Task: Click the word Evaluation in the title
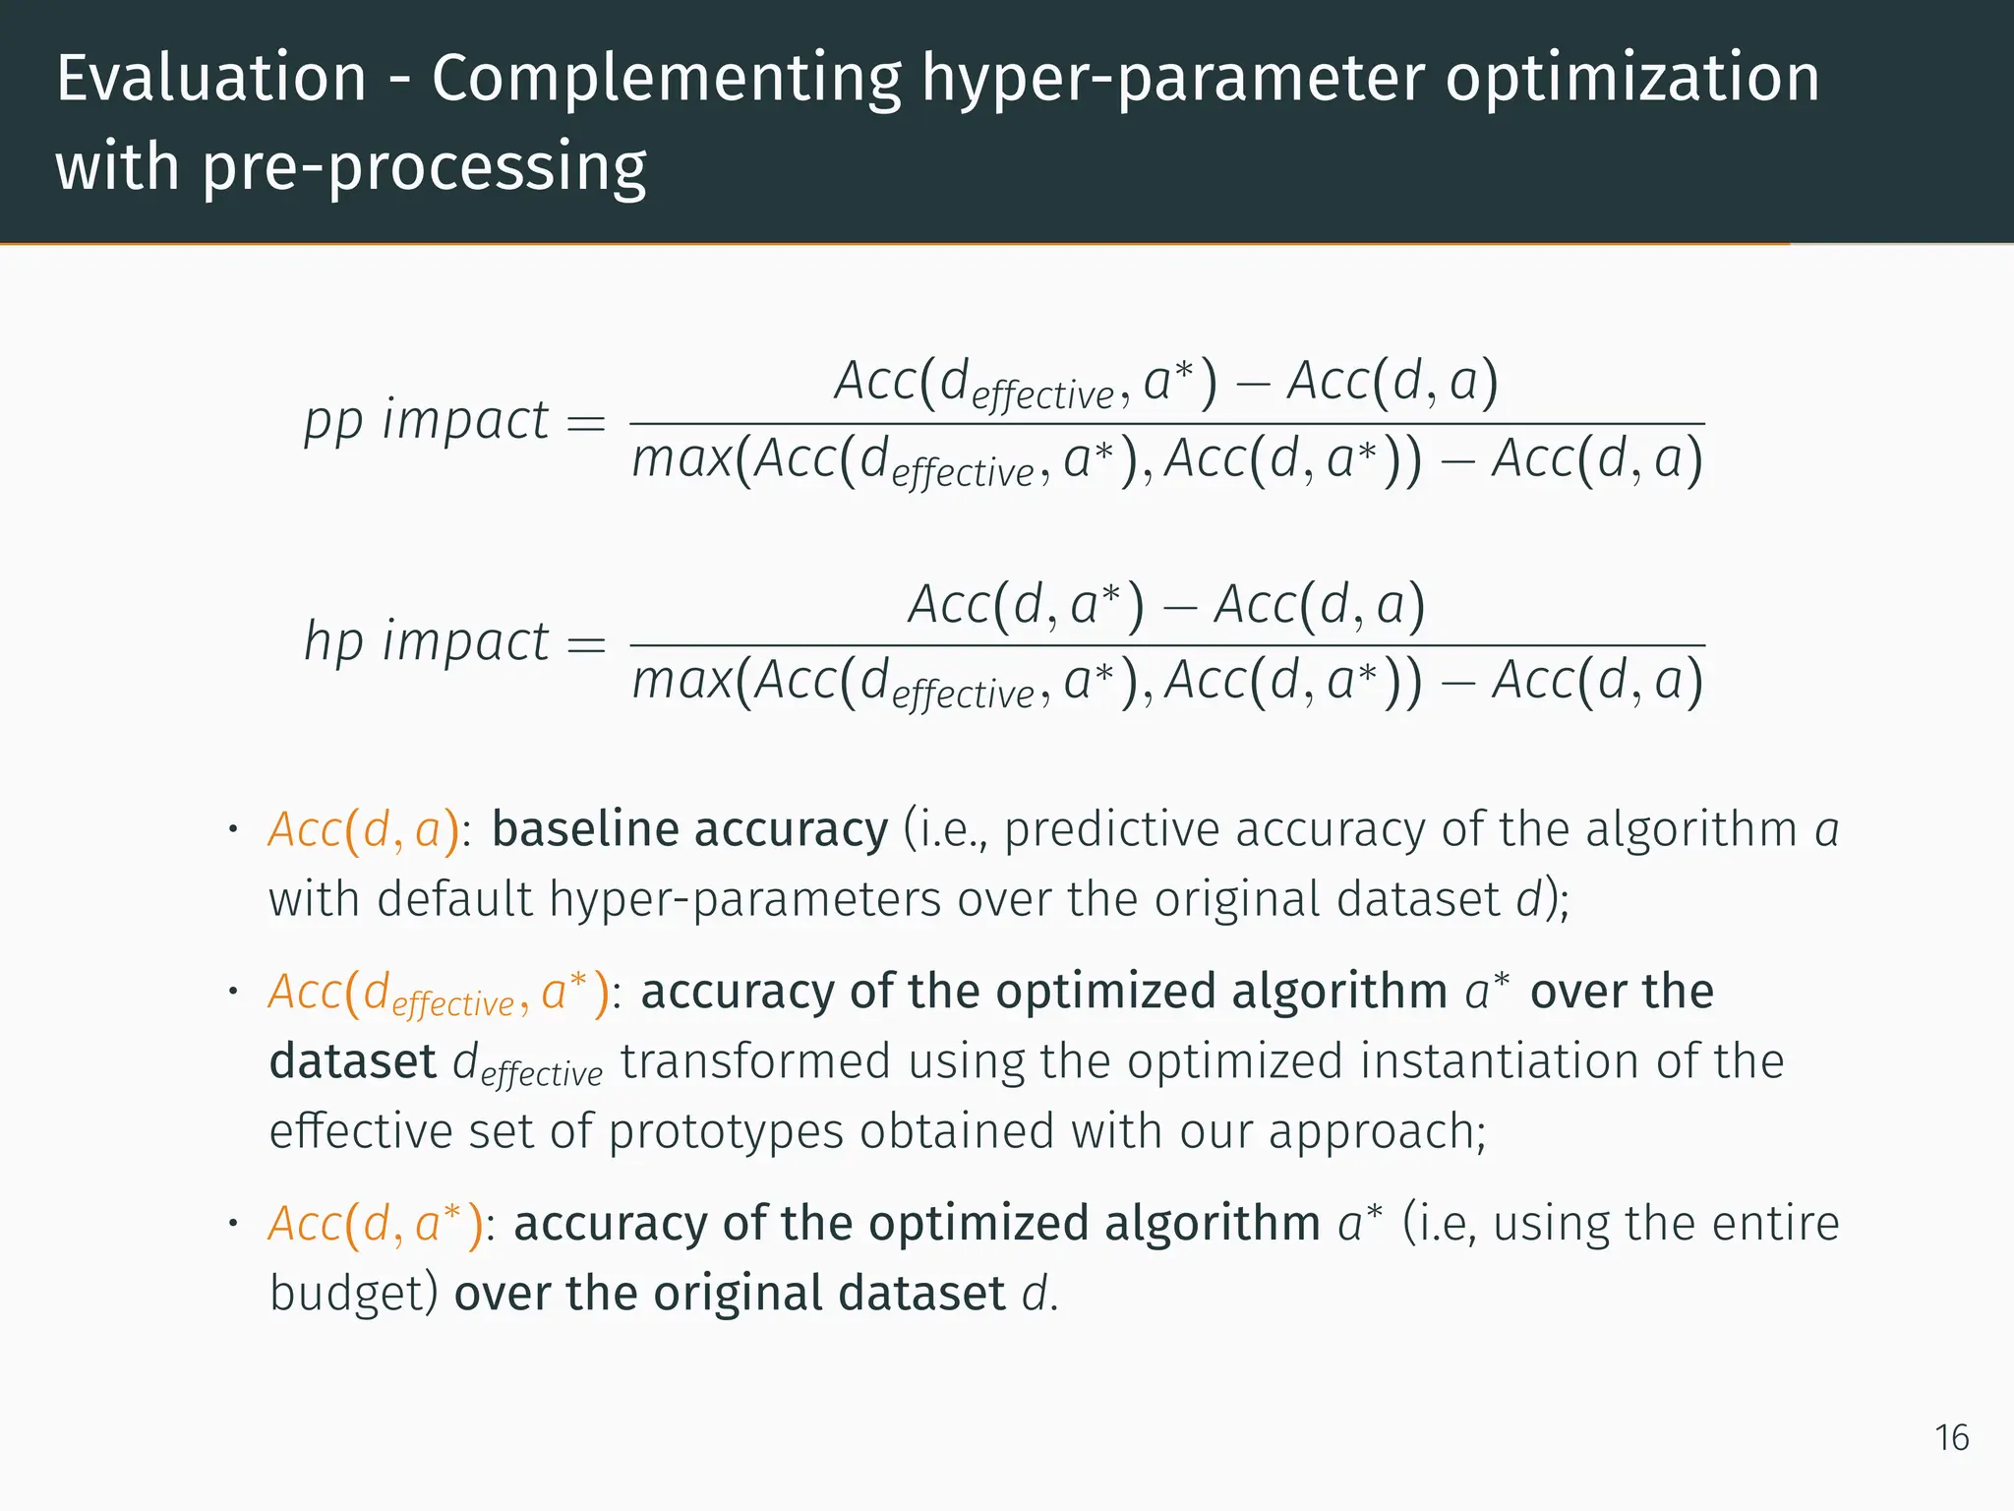(x=211, y=79)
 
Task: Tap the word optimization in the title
(x=1632, y=79)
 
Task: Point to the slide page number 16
(x=1951, y=1438)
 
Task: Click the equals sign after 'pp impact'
(x=586, y=424)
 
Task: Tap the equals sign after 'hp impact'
(x=586, y=645)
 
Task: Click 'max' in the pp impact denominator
(x=681, y=460)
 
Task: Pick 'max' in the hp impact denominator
(x=681, y=682)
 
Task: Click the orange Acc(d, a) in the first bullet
(x=364, y=830)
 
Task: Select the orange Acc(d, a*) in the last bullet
(x=376, y=1225)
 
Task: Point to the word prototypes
(x=726, y=1131)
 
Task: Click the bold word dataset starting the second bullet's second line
(x=352, y=1061)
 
